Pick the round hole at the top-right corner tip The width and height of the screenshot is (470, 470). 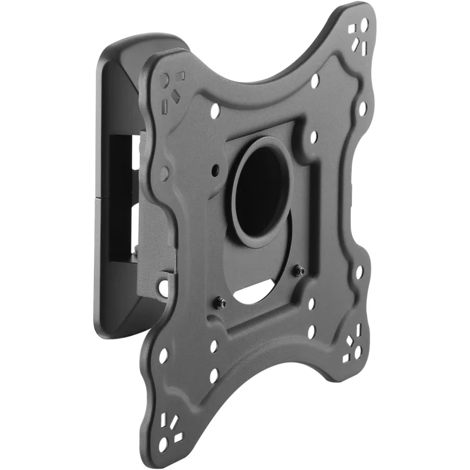click(x=365, y=25)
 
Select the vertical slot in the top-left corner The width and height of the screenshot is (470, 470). click(x=166, y=105)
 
